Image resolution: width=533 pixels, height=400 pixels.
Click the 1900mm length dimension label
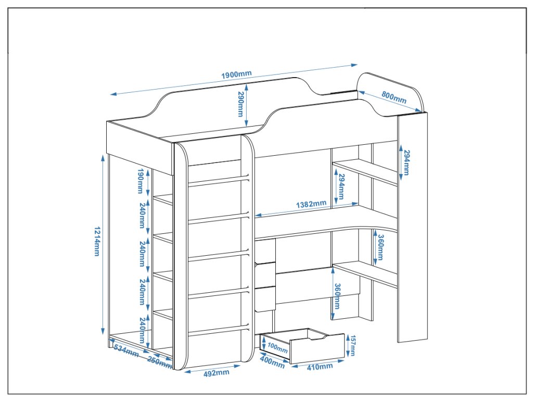click(x=236, y=74)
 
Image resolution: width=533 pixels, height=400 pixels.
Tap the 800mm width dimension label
click(x=394, y=96)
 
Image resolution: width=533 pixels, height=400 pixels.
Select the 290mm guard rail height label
click(x=240, y=104)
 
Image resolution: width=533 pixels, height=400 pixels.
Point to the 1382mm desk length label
click(x=312, y=204)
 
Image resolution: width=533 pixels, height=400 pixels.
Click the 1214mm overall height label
click(x=96, y=242)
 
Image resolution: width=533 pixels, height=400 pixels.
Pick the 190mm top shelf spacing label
click(x=141, y=180)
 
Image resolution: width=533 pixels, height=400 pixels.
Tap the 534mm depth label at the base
click(x=126, y=351)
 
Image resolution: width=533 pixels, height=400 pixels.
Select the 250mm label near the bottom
click(x=159, y=362)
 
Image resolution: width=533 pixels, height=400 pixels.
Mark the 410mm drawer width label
click(x=319, y=367)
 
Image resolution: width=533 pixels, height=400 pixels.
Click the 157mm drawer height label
click(x=352, y=345)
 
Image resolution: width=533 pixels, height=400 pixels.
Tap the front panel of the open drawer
click(x=316, y=349)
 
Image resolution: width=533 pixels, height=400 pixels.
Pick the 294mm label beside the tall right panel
click(x=406, y=162)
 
